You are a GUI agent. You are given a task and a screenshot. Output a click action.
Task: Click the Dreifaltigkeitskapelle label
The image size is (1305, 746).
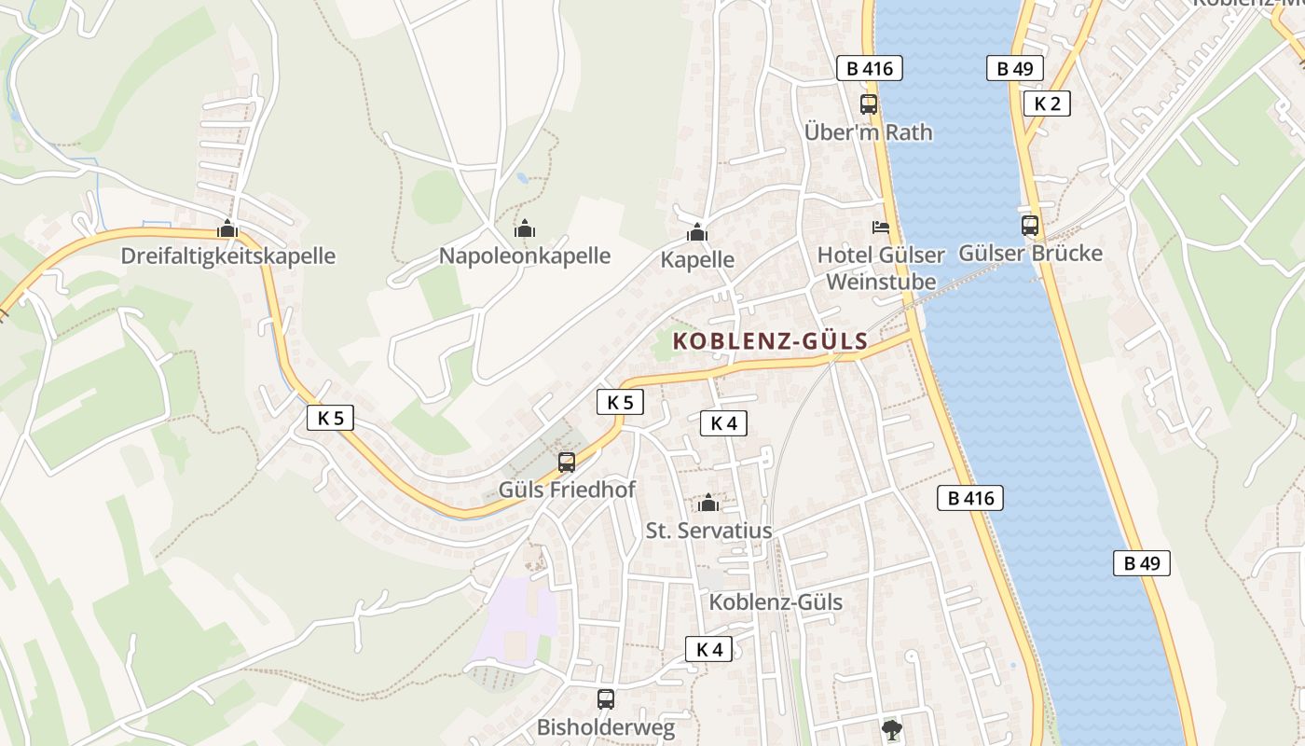point(228,256)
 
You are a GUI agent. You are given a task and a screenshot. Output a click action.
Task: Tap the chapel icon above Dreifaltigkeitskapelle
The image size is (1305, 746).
point(227,228)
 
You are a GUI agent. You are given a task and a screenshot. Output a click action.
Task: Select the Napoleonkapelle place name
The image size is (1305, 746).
point(525,256)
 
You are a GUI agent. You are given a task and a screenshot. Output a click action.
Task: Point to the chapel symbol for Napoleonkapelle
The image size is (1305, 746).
point(525,228)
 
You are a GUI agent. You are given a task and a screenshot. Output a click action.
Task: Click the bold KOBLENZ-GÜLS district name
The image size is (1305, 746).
point(770,341)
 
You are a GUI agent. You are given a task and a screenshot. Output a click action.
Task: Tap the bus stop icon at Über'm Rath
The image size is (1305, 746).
point(869,104)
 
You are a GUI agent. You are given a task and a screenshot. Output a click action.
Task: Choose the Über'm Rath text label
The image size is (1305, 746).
point(868,132)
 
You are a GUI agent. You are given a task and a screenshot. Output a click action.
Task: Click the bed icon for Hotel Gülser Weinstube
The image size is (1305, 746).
point(881,227)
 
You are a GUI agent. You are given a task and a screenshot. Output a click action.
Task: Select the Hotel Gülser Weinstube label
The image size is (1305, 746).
point(881,268)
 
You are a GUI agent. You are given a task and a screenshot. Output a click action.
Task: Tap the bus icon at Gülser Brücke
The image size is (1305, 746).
point(1030,225)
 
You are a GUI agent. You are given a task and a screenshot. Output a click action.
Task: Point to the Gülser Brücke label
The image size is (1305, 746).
point(1030,254)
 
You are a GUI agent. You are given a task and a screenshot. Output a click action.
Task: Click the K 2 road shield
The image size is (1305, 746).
point(1047,104)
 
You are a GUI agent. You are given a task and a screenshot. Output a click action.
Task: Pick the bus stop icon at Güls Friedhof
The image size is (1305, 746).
point(566,462)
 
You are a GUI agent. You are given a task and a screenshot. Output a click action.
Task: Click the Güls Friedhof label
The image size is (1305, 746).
point(567,490)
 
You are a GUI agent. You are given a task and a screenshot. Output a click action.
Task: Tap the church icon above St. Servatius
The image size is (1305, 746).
point(708,504)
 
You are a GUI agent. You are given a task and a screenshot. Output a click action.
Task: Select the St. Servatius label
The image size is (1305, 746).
point(708,531)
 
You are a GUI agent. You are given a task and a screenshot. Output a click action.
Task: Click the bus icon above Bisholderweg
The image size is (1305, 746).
point(606,698)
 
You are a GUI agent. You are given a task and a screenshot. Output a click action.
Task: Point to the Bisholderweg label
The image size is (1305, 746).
point(605,727)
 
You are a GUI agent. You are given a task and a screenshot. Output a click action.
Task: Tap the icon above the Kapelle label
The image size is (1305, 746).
point(697,233)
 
